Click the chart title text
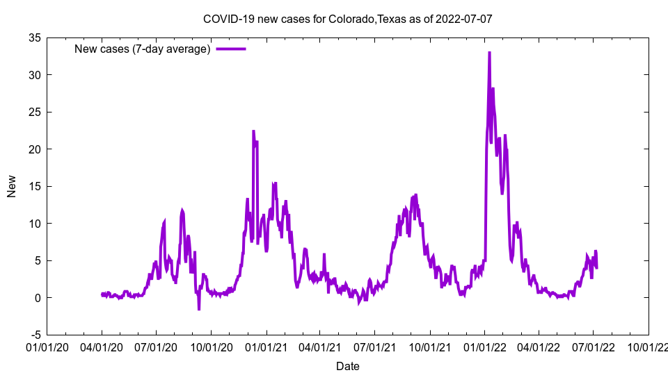pos(347,19)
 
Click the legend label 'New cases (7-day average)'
pos(142,49)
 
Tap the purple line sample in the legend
pos(231,49)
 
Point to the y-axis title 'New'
pos(12,186)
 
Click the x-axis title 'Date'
pos(347,366)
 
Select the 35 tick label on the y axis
pos(34,38)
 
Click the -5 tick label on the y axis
pos(34,335)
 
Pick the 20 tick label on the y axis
pos(34,149)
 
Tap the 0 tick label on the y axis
pos(38,298)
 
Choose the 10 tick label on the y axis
pos(34,224)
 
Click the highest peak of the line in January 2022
pos(489,53)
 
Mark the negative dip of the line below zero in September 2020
pos(199,309)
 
